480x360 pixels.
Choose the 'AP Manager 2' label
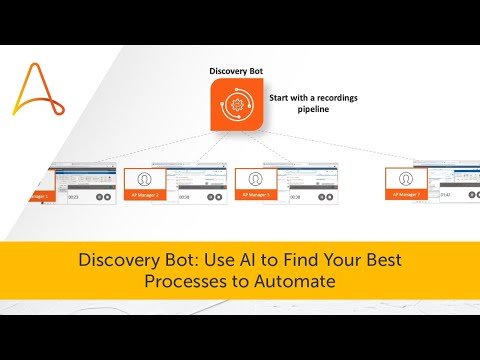(143, 197)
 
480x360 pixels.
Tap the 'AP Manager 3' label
(256, 197)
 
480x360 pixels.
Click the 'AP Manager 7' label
(407, 197)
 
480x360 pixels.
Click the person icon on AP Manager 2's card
(143, 181)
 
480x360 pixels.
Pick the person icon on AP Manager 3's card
(256, 181)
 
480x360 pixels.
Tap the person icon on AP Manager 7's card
(407, 181)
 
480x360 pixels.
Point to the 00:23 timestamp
(73, 198)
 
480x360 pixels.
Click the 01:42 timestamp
(447, 198)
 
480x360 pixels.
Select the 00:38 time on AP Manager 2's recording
(184, 198)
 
